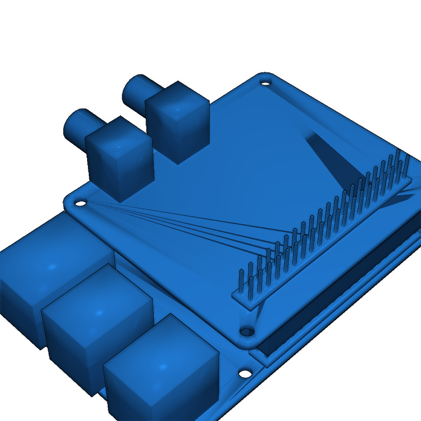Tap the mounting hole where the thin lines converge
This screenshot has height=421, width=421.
click(80, 203)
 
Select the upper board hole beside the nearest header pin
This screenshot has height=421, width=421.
click(247, 331)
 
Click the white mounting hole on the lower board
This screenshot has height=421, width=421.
click(245, 374)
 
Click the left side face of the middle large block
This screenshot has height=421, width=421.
click(66, 349)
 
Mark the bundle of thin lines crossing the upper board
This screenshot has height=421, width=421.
click(185, 224)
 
